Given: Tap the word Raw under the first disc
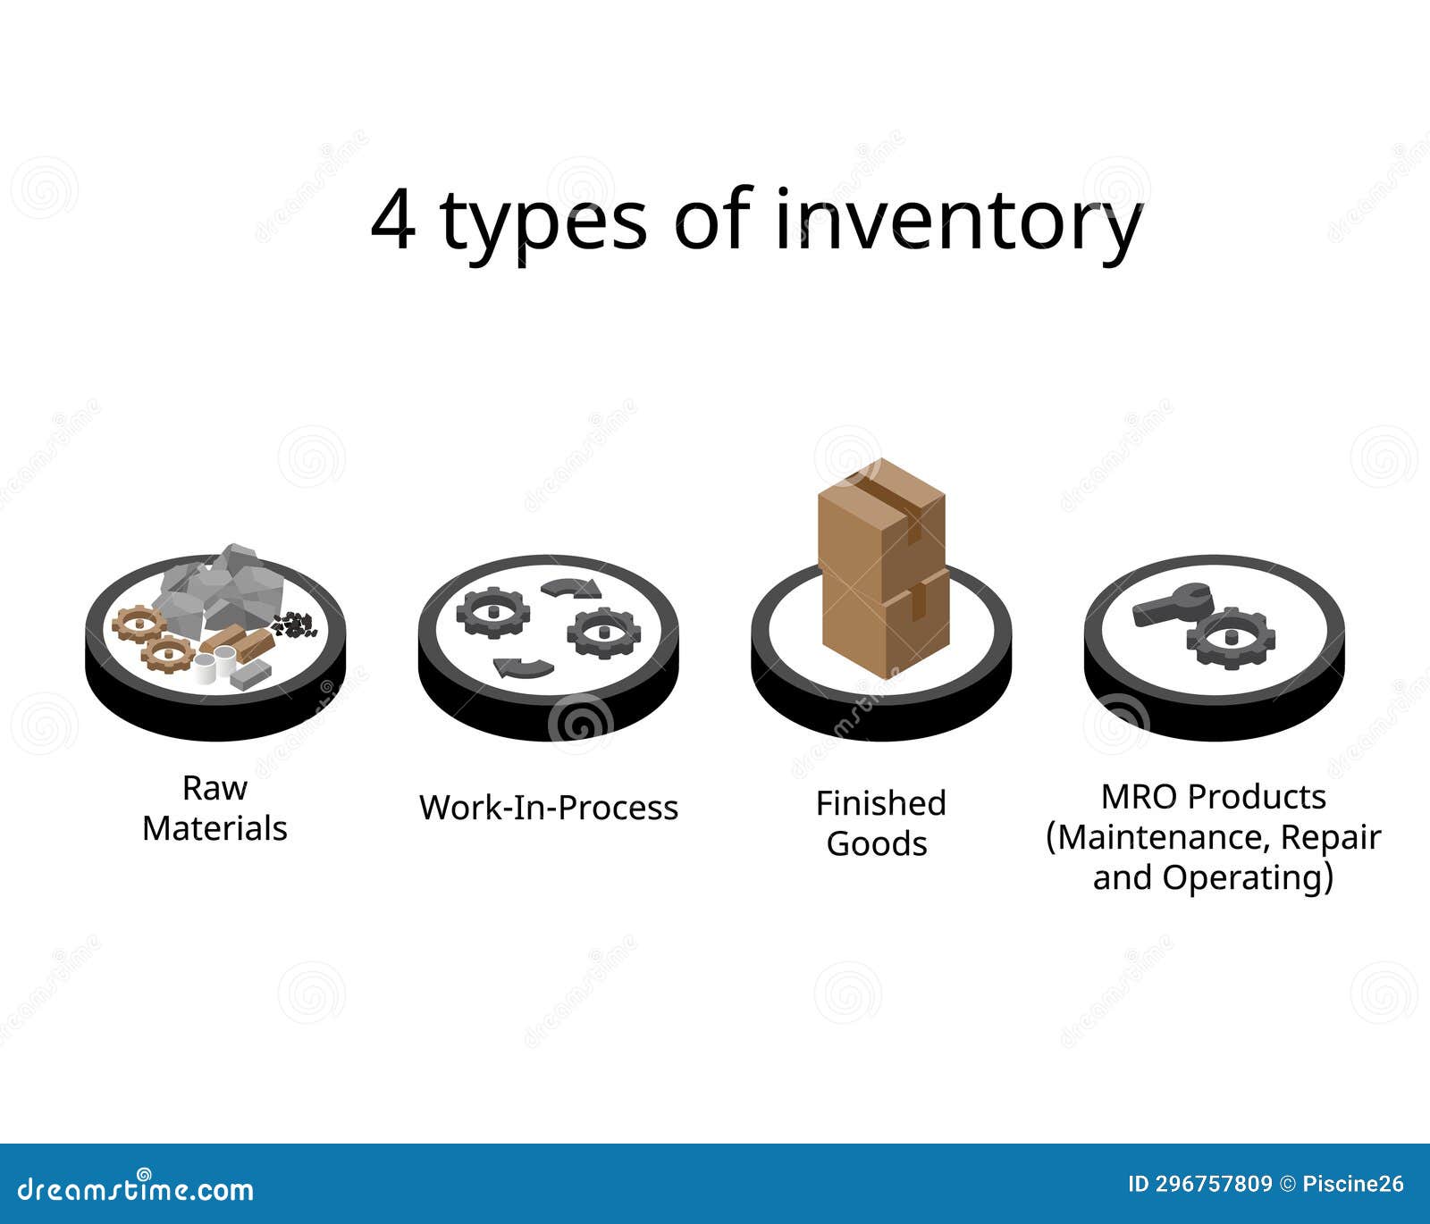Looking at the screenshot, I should (x=214, y=788).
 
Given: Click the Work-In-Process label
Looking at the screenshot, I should (x=549, y=808).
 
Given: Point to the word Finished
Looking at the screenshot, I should (x=880, y=803).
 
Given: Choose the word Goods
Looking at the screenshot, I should (x=877, y=843).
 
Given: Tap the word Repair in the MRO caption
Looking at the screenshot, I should (x=1331, y=837).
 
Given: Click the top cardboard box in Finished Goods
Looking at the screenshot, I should (x=881, y=523).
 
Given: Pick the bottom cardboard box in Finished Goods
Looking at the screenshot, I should (x=885, y=625).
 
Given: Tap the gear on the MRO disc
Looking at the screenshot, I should (x=1231, y=637).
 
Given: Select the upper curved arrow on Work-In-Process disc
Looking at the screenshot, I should (x=570, y=587).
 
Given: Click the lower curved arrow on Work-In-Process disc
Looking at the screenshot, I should (x=523, y=666).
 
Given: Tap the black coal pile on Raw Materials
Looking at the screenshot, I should (x=293, y=625).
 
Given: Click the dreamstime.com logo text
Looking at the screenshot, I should (x=136, y=1189).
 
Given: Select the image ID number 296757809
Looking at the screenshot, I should (x=1214, y=1185).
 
